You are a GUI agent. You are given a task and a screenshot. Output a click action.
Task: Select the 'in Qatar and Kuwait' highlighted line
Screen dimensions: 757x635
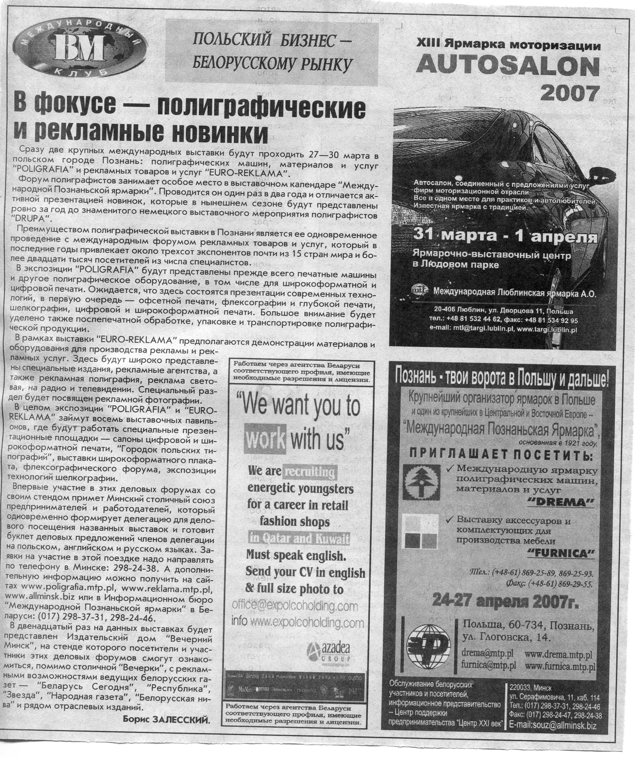coord(299,539)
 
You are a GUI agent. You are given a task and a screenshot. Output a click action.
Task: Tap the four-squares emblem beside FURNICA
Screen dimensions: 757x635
coord(421,532)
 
